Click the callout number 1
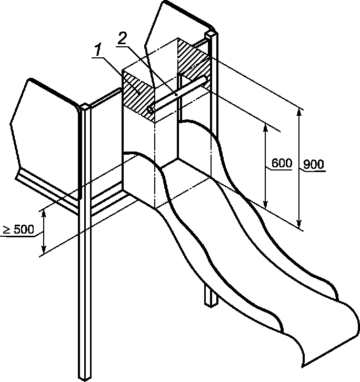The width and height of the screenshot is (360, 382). click(x=98, y=51)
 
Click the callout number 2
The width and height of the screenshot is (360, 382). click(x=122, y=38)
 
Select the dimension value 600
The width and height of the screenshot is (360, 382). click(x=282, y=163)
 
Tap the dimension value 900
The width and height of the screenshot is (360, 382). click(x=314, y=165)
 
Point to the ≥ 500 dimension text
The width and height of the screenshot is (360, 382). click(x=19, y=229)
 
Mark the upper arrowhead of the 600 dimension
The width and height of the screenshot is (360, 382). click(x=266, y=128)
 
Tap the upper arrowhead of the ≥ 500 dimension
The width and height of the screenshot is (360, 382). click(x=44, y=215)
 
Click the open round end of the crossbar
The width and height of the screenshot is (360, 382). click(x=150, y=110)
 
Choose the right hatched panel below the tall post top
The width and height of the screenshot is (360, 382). click(x=193, y=65)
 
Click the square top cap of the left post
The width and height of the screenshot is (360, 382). click(x=85, y=107)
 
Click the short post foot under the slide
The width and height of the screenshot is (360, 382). click(x=211, y=296)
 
